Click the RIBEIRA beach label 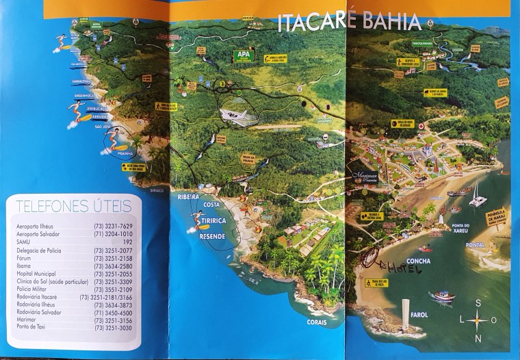[188, 197]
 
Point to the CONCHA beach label [400, 261]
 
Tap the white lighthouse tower [406, 313]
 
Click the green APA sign [244, 55]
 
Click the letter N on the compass [478, 338]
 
